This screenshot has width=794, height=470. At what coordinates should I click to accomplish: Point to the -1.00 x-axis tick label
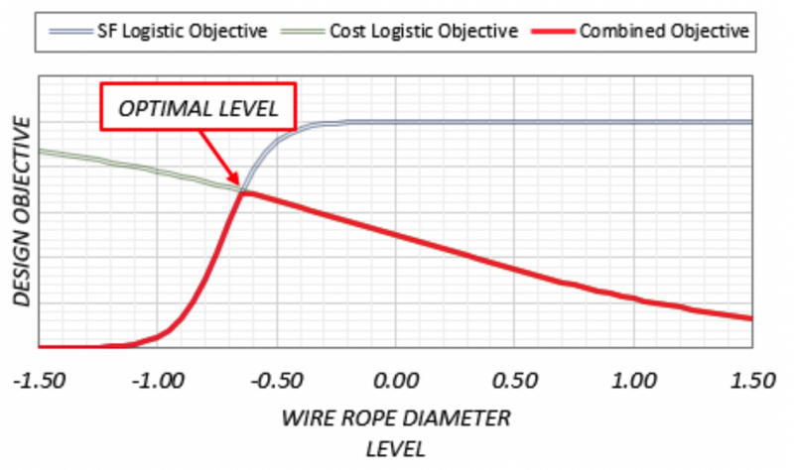pyautogui.click(x=159, y=380)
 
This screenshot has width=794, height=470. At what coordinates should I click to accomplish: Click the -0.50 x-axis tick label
pyautogui.click(x=277, y=380)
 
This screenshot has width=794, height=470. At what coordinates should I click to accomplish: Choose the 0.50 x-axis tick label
pyautogui.click(x=516, y=380)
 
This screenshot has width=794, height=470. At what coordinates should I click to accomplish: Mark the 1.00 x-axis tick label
pyautogui.click(x=634, y=380)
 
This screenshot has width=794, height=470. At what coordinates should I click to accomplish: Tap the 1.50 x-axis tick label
pyautogui.click(x=750, y=380)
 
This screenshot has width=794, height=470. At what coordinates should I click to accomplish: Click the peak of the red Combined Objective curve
pyautogui.click(x=244, y=190)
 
